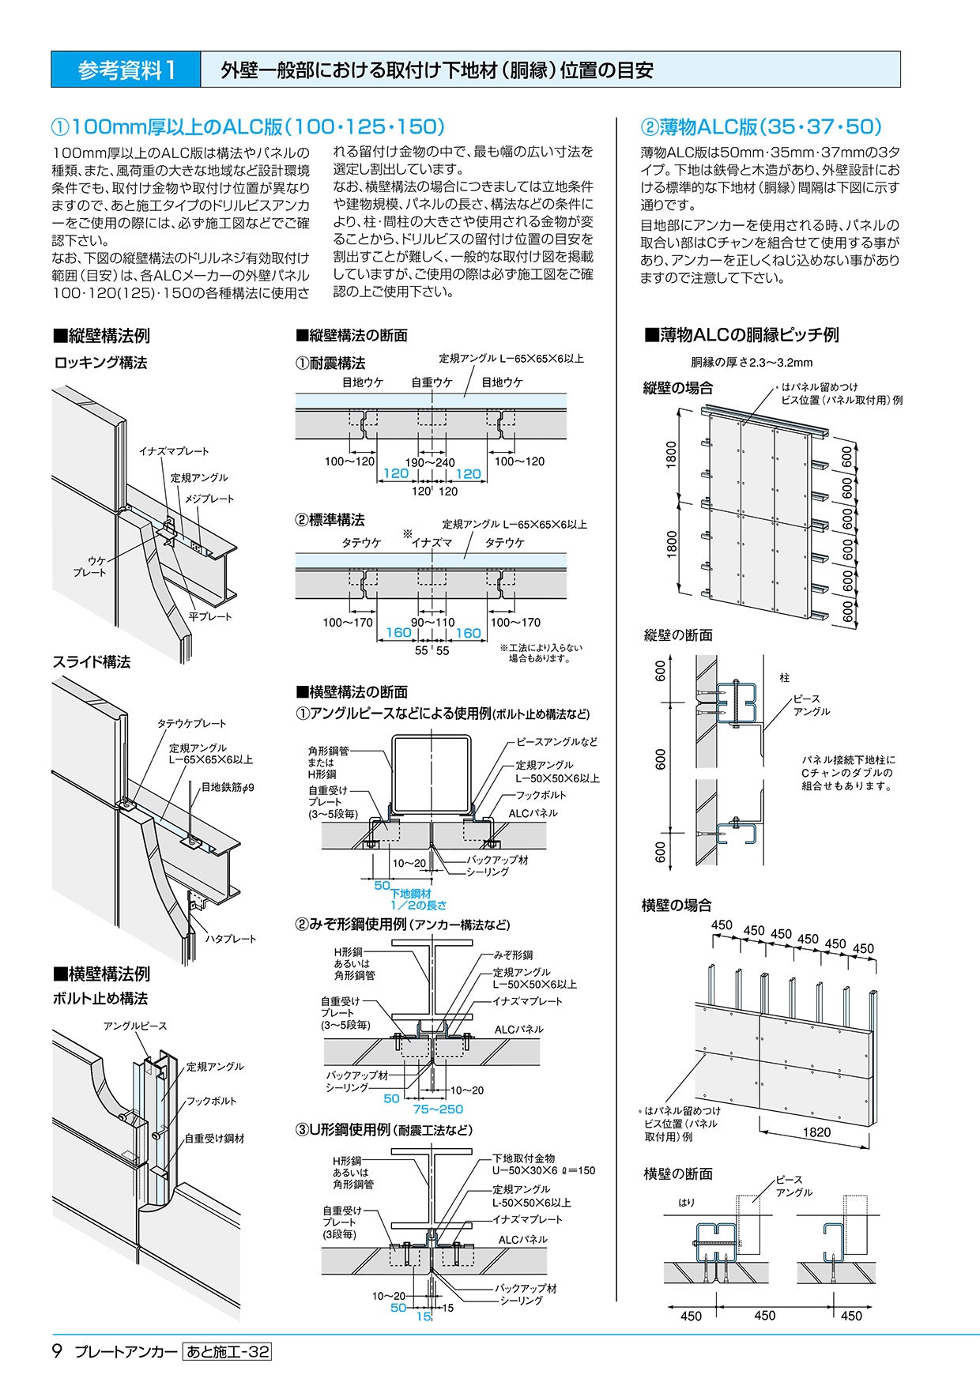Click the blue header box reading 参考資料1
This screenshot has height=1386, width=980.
click(x=126, y=70)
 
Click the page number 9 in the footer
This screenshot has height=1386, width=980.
click(x=57, y=1351)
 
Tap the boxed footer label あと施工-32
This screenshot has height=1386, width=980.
click(x=227, y=1352)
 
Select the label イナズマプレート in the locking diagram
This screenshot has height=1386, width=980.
click(x=174, y=451)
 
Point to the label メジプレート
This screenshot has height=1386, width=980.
click(x=209, y=499)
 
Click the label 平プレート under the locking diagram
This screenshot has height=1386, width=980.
click(x=210, y=616)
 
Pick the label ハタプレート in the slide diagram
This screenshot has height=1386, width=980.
click(x=231, y=939)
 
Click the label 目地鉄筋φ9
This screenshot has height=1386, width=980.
click(x=228, y=787)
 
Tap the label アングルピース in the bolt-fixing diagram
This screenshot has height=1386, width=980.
click(x=135, y=1026)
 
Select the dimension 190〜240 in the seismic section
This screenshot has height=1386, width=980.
click(x=430, y=461)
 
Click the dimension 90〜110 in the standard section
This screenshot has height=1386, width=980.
click(x=432, y=622)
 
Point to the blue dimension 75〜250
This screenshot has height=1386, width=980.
click(x=438, y=1109)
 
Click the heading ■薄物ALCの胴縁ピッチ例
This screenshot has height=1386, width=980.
click(x=741, y=334)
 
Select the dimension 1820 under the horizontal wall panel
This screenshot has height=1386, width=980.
click(x=816, y=1132)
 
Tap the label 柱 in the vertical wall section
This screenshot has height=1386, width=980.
click(x=784, y=677)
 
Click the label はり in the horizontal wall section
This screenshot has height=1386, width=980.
click(x=687, y=1202)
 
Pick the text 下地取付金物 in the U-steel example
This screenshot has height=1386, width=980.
click(x=523, y=1158)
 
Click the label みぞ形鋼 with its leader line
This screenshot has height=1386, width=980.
click(x=513, y=955)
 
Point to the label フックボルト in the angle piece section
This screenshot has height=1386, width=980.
click(x=541, y=795)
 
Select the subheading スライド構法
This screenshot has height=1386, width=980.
click(x=92, y=662)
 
